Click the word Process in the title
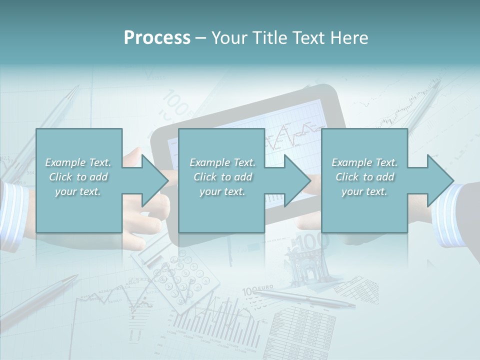[x=157, y=38]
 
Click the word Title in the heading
[x=268, y=38]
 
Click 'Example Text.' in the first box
[x=78, y=162]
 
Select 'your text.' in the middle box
[x=222, y=191]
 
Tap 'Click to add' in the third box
[x=365, y=177]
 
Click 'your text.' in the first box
[x=78, y=191]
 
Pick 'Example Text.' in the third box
[x=365, y=162]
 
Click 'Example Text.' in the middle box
[x=222, y=162]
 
